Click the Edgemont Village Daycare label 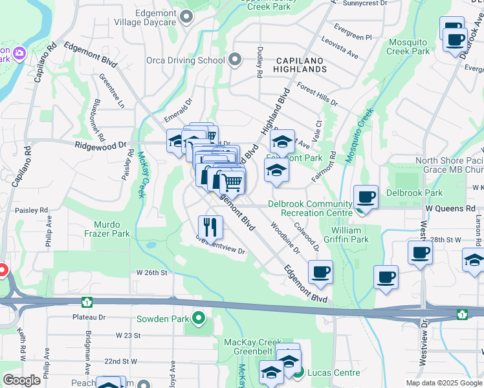(x=146, y=17)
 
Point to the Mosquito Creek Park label (x=409, y=46)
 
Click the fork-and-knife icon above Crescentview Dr (x=210, y=227)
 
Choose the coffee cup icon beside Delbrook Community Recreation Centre (x=366, y=197)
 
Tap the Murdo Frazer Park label (x=106, y=229)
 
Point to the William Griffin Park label (x=350, y=235)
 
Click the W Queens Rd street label (x=450, y=209)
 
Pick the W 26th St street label (x=151, y=273)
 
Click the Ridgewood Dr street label (x=98, y=146)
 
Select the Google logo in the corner (x=21, y=380)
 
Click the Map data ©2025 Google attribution (x=443, y=383)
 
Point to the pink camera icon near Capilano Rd (x=19, y=52)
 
